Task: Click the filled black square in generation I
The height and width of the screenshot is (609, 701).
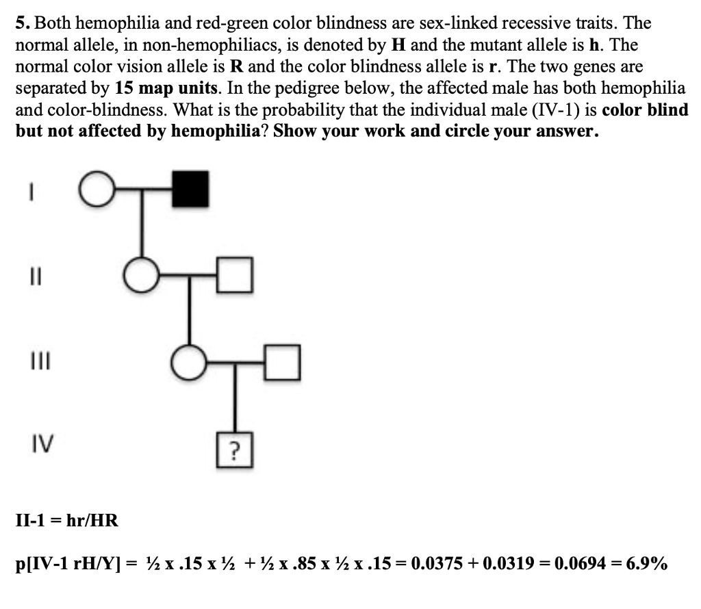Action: [x=191, y=189]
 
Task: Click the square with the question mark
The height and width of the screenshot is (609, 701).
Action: [x=235, y=450]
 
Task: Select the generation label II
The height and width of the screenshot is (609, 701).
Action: [x=32, y=273]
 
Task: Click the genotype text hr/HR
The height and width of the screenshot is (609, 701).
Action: [x=91, y=521]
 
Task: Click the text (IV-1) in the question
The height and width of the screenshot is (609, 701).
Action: [x=548, y=110]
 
